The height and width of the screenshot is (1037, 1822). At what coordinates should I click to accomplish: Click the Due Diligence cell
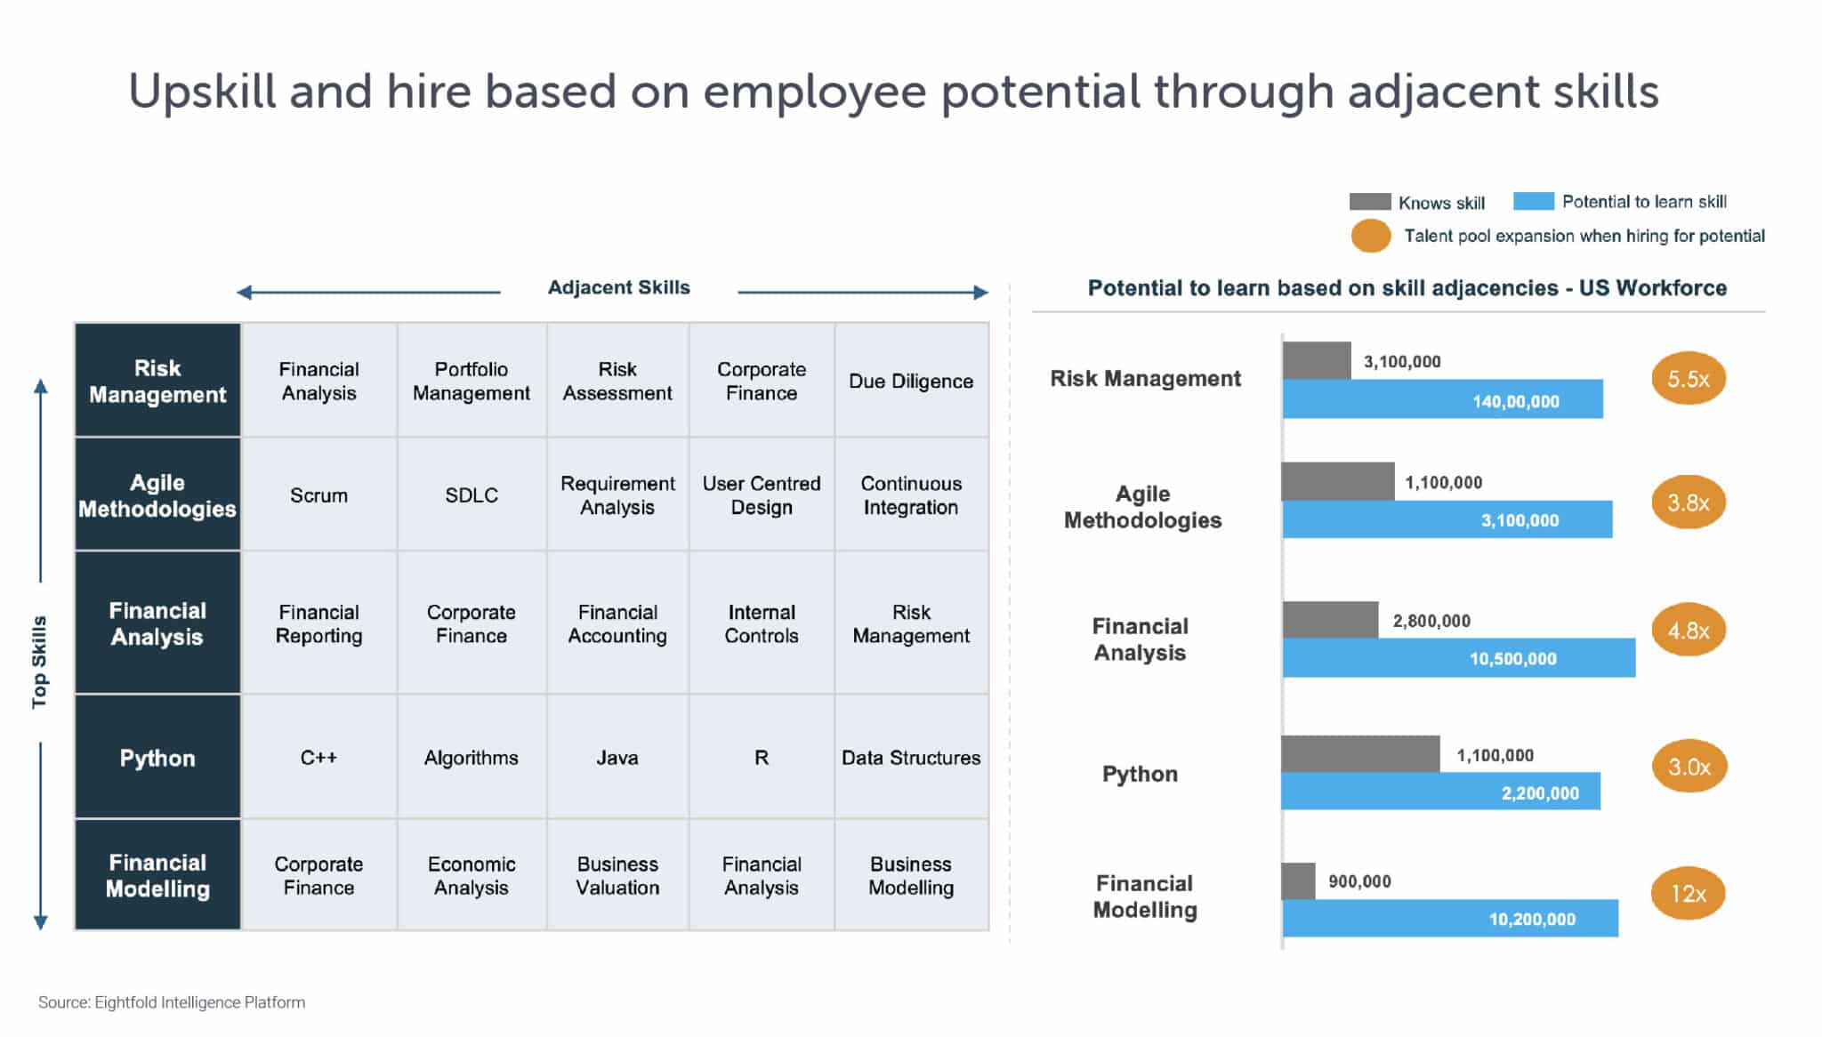pyautogui.click(x=910, y=381)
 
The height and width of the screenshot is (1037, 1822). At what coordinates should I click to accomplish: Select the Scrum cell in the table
pyautogui.click(x=318, y=495)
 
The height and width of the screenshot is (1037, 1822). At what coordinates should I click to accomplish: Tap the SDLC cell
pyautogui.click(x=472, y=495)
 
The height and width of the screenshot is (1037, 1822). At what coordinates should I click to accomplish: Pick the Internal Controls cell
pyautogui.click(x=761, y=623)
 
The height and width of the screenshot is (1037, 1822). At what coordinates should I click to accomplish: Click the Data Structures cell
pyautogui.click(x=910, y=758)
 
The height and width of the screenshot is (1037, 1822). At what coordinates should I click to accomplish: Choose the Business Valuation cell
pyautogui.click(x=617, y=875)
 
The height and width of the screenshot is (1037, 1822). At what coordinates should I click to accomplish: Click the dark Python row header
pyautogui.click(x=157, y=758)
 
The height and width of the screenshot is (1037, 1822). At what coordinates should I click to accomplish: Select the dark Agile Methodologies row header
pyautogui.click(x=157, y=495)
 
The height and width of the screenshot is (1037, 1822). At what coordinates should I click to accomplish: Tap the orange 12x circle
pyautogui.click(x=1688, y=893)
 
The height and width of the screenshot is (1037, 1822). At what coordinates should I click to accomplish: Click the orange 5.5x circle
pyautogui.click(x=1688, y=379)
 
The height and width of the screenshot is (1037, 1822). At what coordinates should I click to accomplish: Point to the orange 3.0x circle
pyautogui.click(x=1689, y=767)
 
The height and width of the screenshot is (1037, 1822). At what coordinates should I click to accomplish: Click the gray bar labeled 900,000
pyautogui.click(x=1298, y=880)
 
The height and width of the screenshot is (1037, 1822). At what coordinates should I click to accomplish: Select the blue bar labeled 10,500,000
pyautogui.click(x=1459, y=658)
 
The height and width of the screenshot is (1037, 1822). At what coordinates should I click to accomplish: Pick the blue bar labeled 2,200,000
pyautogui.click(x=1440, y=792)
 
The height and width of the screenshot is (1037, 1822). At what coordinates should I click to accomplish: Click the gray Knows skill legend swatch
pyautogui.click(x=1370, y=202)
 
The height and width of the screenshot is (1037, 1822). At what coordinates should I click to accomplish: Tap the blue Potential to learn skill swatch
pyautogui.click(x=1534, y=201)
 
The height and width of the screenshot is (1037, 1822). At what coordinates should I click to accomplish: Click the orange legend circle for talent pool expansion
pyautogui.click(x=1371, y=236)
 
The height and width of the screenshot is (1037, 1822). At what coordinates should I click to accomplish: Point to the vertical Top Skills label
pyautogui.click(x=39, y=662)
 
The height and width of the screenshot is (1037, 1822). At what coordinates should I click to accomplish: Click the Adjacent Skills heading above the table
pyautogui.click(x=618, y=287)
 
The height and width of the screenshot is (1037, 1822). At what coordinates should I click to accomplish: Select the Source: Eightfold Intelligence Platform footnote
pyautogui.click(x=172, y=1002)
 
